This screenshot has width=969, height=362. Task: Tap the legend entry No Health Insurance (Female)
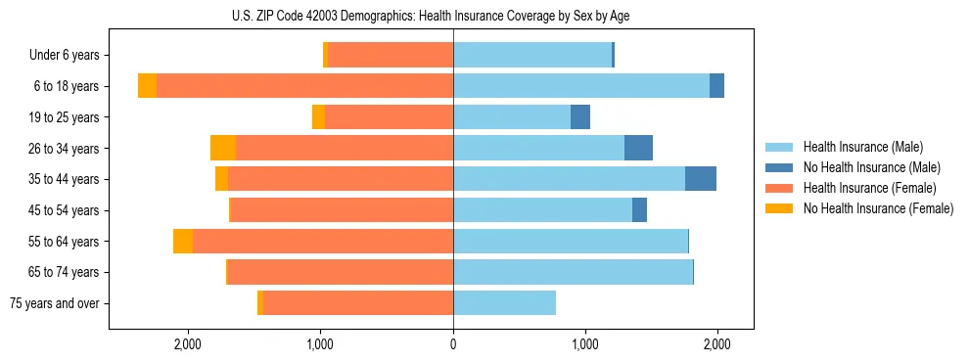click(877, 208)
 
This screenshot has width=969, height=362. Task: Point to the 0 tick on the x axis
click(453, 344)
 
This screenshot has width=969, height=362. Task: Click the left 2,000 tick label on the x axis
click(187, 344)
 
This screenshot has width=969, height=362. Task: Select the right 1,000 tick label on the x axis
click(584, 344)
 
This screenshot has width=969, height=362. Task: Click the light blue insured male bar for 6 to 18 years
click(581, 86)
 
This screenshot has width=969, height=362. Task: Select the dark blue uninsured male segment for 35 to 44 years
click(701, 179)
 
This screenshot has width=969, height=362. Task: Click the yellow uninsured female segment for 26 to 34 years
click(223, 148)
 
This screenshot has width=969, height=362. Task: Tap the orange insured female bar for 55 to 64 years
click(323, 241)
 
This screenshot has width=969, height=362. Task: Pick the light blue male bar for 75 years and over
click(504, 303)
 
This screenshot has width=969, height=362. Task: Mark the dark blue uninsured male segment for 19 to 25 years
click(580, 117)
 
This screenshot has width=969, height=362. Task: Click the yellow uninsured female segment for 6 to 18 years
click(147, 86)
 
